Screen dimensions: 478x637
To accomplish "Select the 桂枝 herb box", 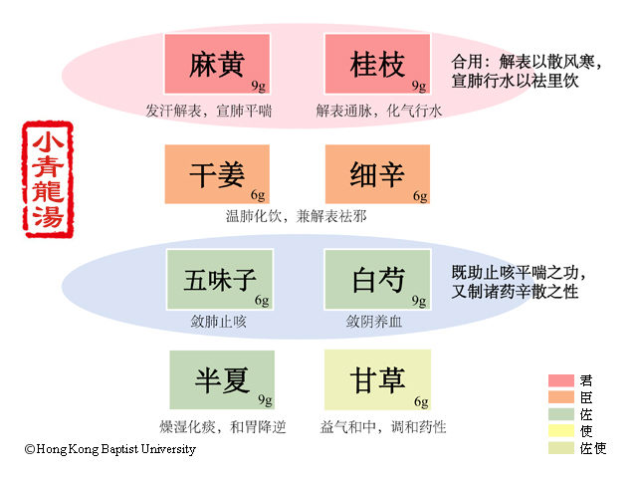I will click(x=377, y=65).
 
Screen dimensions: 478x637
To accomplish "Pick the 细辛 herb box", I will click(x=377, y=174).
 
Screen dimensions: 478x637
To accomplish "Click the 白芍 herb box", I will click(x=377, y=280).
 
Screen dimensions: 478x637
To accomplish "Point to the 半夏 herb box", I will click(x=220, y=380).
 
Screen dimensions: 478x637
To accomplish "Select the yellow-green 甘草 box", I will click(x=377, y=380).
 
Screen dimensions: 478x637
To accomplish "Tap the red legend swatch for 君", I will click(x=562, y=380).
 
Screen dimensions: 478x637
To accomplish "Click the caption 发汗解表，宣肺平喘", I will click(x=208, y=111).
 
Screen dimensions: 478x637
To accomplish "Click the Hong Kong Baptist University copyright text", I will click(x=110, y=449).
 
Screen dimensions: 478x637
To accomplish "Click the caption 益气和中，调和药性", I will click(x=383, y=427).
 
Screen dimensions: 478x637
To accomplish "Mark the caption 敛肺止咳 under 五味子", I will click(x=218, y=322).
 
